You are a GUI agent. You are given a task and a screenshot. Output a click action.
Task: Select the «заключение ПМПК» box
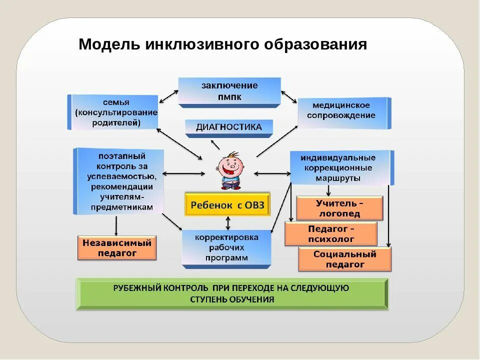click(229, 91)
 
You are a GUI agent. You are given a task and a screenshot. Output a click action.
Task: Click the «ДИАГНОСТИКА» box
click(229, 127)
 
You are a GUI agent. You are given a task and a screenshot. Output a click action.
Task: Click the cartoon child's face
click(229, 164)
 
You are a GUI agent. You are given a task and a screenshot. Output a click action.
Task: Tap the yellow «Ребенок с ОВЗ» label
click(227, 204)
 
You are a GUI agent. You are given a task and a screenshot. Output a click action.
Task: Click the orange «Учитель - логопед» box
click(339, 208)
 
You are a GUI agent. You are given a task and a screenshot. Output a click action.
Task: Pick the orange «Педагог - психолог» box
click(330, 233)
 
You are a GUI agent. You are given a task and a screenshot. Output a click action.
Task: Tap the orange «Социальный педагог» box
click(344, 259)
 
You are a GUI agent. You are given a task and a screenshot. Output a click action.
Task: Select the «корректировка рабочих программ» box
click(226, 247)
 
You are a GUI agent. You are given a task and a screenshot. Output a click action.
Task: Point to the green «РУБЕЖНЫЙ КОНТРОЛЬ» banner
click(232, 293)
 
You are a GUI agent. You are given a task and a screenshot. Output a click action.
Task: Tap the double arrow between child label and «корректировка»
click(228, 222)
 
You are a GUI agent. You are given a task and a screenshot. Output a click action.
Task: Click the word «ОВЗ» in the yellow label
click(253, 204)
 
